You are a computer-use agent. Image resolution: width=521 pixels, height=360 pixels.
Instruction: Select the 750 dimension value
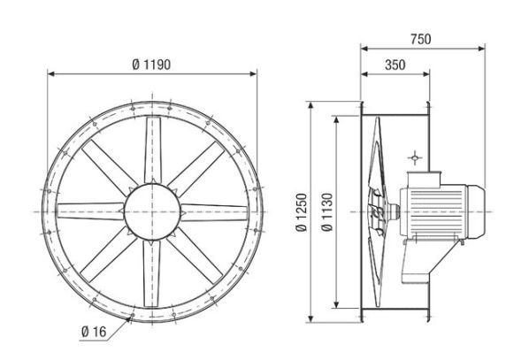(422, 38)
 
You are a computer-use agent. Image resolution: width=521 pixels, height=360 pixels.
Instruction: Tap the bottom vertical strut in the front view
(150, 278)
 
